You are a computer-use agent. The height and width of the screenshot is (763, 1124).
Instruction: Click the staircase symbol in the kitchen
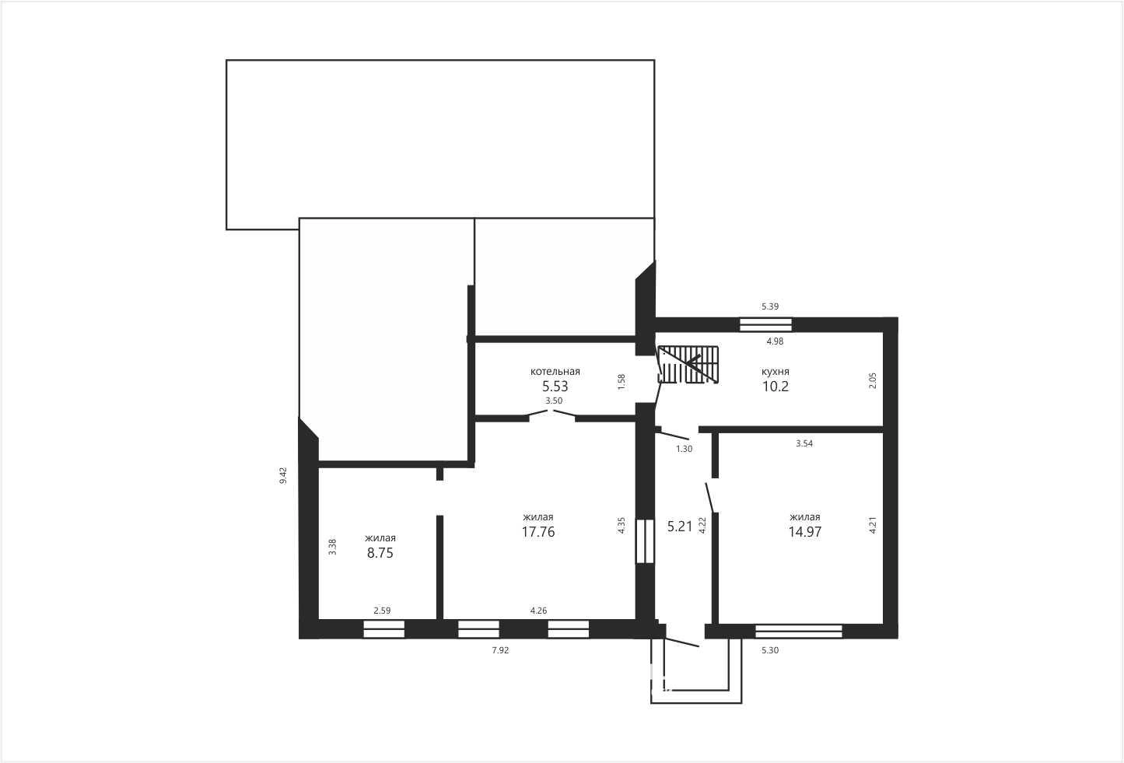tap(688, 365)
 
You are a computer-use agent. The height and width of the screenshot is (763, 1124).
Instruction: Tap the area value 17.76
tap(538, 532)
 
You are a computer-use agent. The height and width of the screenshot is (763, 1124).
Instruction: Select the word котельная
tap(555, 372)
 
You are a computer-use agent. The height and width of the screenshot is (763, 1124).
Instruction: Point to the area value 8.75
tap(380, 553)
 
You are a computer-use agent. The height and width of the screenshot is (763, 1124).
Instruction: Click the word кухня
tap(776, 372)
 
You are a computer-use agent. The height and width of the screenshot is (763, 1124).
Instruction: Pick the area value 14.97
tap(805, 532)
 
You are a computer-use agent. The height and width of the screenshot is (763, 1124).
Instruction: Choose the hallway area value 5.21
tap(680, 527)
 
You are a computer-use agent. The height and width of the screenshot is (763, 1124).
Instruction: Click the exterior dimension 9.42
tap(283, 475)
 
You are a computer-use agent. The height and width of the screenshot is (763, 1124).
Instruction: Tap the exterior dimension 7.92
tap(500, 650)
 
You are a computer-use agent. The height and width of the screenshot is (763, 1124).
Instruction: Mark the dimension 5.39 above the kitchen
tap(770, 306)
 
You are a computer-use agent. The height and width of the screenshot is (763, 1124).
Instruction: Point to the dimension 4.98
tap(776, 341)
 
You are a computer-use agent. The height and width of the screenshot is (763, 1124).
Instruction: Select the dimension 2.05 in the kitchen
tap(873, 380)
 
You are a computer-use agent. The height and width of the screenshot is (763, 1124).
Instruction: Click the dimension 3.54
tap(804, 443)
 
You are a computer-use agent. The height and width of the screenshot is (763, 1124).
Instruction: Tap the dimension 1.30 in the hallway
tap(684, 449)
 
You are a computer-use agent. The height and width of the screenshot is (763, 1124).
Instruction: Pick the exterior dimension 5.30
tap(770, 650)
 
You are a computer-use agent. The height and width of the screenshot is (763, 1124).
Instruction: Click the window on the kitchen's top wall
tap(765, 324)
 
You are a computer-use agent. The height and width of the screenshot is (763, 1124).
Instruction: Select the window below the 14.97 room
tap(799, 631)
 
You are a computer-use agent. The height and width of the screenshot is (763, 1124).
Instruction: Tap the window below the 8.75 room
tap(383, 629)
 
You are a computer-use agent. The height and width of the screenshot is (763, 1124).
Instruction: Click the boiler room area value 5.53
tap(555, 387)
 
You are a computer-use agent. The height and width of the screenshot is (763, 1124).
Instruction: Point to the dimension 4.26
tap(538, 611)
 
